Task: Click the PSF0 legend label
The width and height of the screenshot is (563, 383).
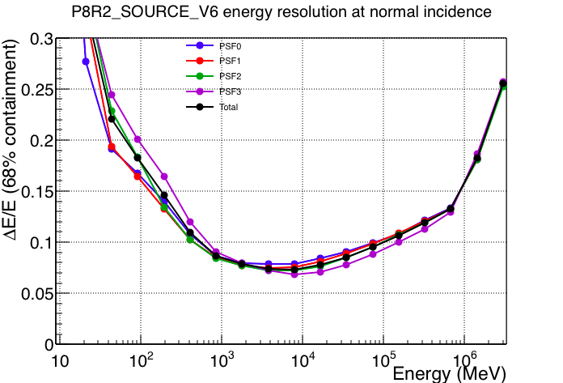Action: (231, 46)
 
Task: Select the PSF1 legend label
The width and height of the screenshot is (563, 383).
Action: (230, 62)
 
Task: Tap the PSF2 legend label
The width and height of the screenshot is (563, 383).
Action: (231, 77)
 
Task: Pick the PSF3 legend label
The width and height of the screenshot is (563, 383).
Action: (231, 92)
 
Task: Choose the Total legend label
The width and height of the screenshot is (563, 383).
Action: (229, 107)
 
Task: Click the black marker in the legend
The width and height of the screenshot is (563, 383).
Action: (200, 107)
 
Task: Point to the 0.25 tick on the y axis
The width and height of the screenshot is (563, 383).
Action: (37, 90)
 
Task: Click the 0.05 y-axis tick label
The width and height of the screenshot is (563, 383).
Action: (37, 294)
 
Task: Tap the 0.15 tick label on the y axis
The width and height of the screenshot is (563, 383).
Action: (37, 192)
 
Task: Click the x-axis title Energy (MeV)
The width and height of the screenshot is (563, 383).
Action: (449, 374)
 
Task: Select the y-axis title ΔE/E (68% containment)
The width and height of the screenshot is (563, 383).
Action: (10, 139)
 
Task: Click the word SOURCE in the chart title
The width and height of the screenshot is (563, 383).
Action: (157, 12)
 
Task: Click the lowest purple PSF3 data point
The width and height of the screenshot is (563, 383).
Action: (294, 274)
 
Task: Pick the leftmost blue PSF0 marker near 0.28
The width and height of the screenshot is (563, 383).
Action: (86, 62)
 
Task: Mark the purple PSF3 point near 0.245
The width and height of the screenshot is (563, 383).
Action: (112, 95)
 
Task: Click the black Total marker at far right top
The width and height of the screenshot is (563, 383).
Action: (503, 83)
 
